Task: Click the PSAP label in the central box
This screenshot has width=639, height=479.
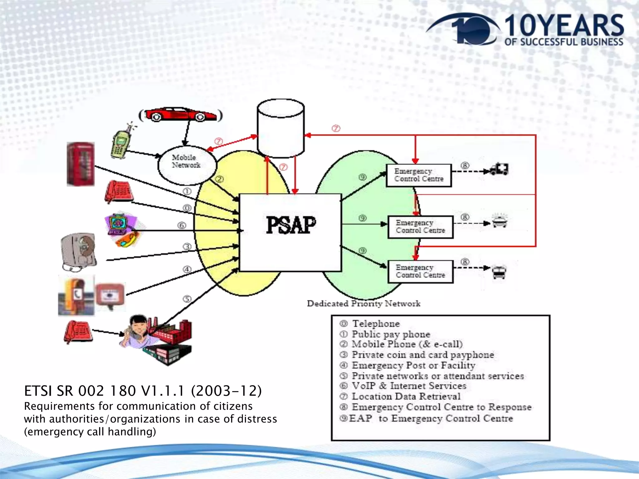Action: coord(291,225)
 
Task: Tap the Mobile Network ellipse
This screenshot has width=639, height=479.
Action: coord(187,165)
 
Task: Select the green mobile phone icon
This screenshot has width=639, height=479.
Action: coord(119,144)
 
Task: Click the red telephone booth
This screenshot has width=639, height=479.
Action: coord(80,164)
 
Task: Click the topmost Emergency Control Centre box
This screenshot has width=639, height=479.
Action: coord(419,175)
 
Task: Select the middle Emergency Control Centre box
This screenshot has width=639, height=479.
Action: coord(420,227)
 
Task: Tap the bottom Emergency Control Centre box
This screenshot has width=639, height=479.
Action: coord(420,271)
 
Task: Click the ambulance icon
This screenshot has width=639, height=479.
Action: coord(499,169)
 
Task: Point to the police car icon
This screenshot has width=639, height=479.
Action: coord(500,221)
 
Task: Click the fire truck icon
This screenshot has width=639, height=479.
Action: coord(499,272)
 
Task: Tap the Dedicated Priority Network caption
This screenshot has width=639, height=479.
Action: coord(363,303)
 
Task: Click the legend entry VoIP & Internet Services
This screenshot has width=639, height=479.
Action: coord(409,386)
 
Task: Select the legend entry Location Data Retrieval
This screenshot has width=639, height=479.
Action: coord(406,396)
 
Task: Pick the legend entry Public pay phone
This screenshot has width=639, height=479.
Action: coord(391,334)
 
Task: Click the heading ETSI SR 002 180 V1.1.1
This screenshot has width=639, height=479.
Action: coord(143,391)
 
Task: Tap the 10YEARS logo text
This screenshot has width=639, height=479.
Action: coord(564,26)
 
